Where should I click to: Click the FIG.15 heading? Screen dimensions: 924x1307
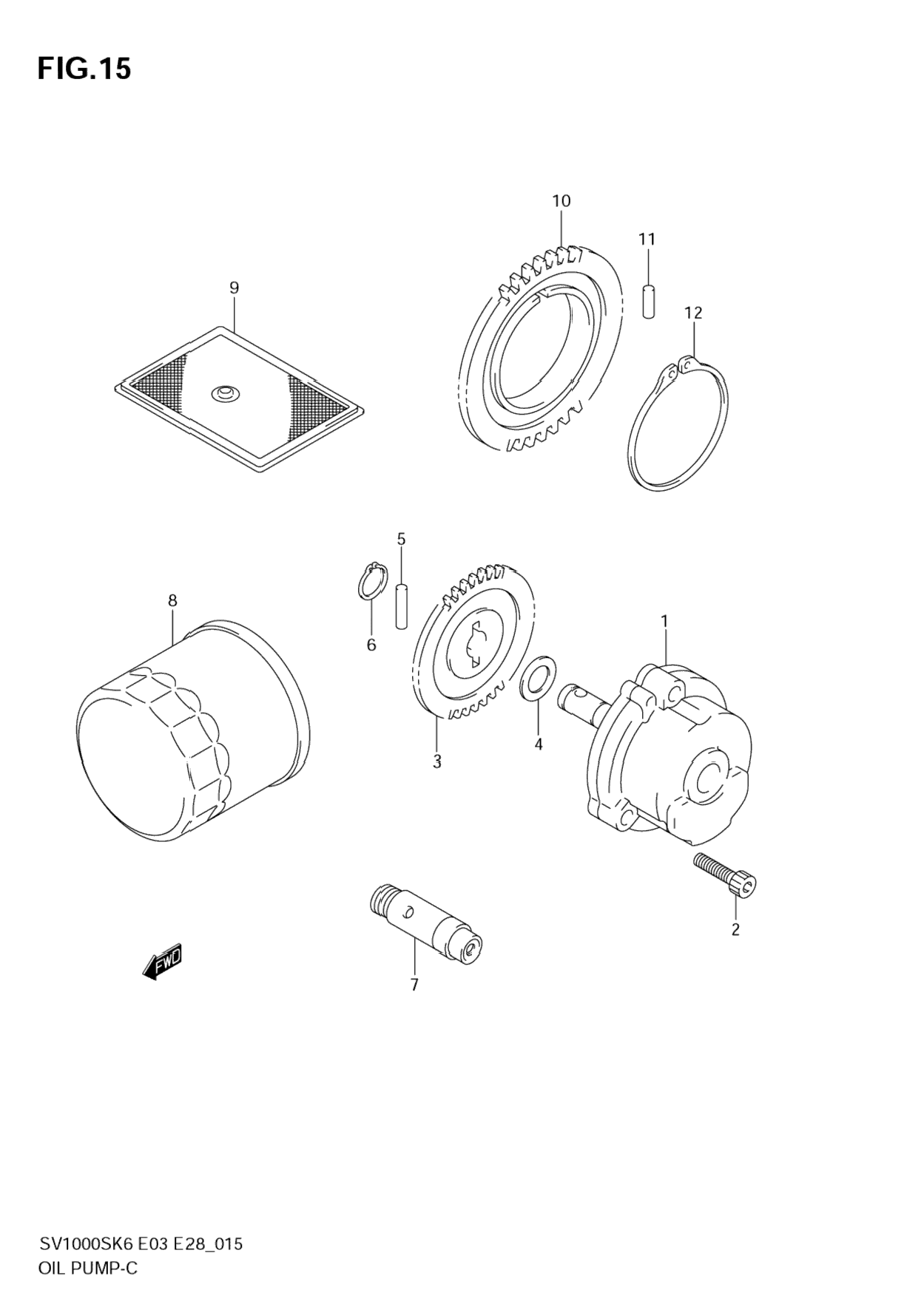pyautogui.click(x=84, y=69)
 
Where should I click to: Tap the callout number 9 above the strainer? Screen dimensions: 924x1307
pyautogui.click(x=234, y=288)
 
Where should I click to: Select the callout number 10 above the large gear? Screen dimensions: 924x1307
pyautogui.click(x=561, y=201)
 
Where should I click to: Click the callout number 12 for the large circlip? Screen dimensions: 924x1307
pyautogui.click(x=693, y=313)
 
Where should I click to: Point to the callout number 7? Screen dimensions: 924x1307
pyautogui.click(x=414, y=985)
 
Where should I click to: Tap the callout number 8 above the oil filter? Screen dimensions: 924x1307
pyautogui.click(x=172, y=601)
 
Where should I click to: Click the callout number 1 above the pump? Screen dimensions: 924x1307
pyautogui.click(x=664, y=622)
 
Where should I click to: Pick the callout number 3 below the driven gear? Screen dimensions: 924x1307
pyautogui.click(x=437, y=761)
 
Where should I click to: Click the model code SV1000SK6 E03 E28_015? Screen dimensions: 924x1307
pyautogui.click(x=141, y=1244)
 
